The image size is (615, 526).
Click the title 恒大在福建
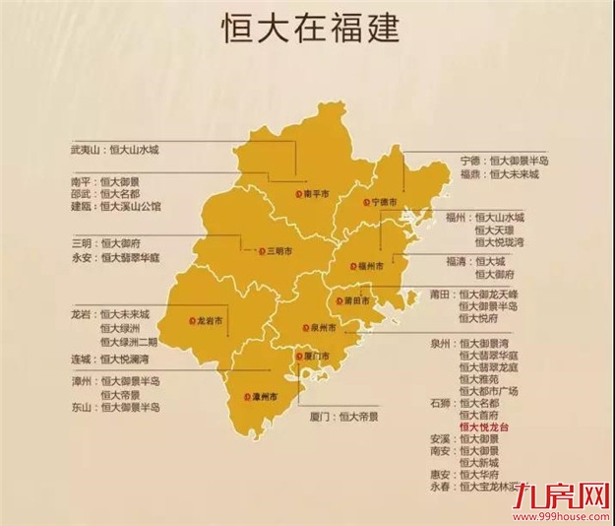[307, 29]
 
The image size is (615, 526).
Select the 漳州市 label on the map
[261, 396]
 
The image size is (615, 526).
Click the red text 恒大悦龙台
[486, 428]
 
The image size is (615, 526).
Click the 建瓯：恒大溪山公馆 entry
[116, 208]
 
